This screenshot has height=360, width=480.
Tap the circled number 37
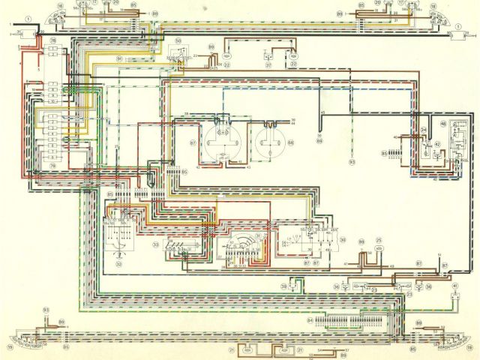click(x=267, y=64)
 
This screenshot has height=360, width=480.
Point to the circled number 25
click(x=378, y=241)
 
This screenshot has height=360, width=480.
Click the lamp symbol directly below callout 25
click(x=378, y=250)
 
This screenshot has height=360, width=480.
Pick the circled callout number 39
click(x=284, y=286)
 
